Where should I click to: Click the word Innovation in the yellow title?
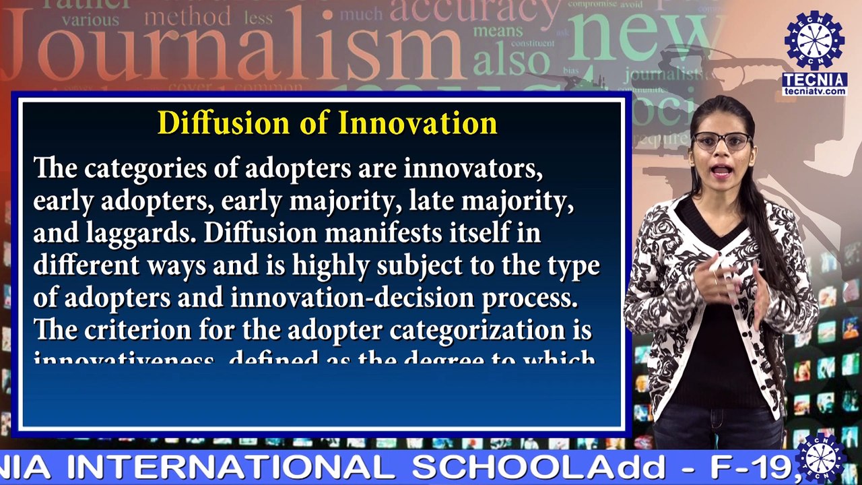418,123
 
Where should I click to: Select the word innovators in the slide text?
473,168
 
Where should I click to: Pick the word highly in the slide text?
331,265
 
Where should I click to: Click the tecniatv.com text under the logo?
814,91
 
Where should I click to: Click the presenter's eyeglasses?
721,141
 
